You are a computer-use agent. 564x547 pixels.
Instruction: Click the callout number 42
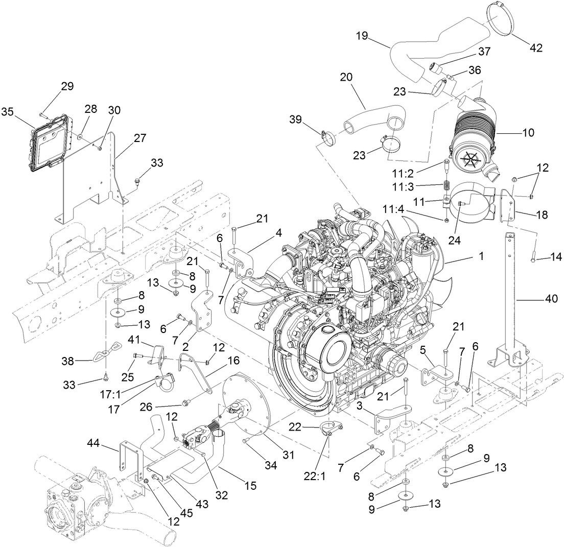[536, 48]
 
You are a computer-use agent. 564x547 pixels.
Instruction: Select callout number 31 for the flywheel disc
[288, 455]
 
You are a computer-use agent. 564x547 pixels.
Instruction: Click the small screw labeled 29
[42, 116]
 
